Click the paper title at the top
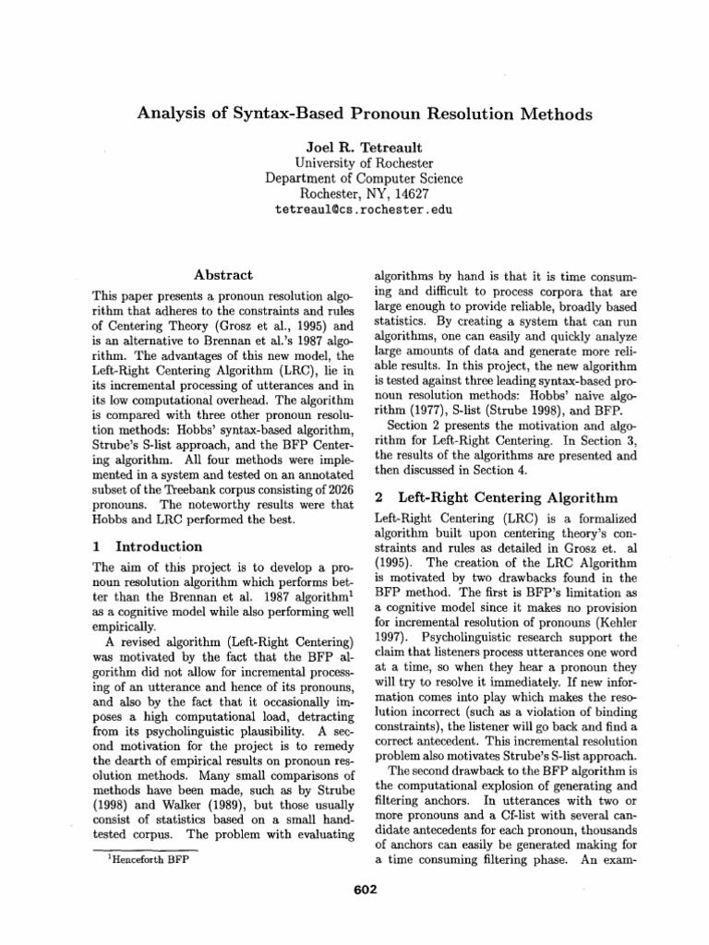[x=365, y=114]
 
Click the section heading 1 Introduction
[x=149, y=546]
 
